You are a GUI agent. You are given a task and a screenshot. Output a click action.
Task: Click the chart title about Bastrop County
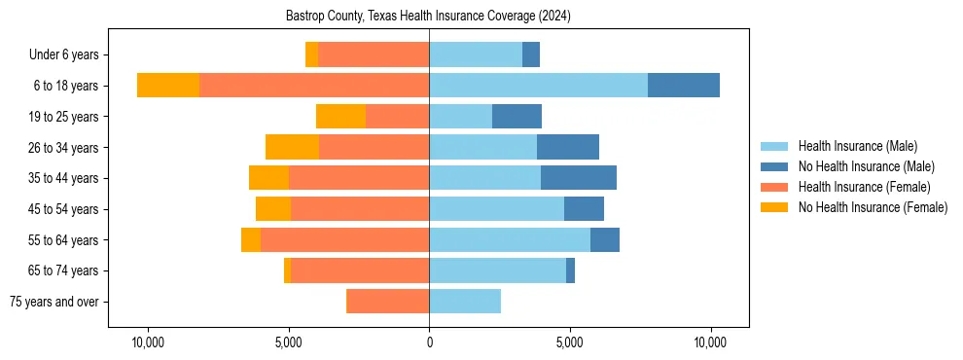click(x=428, y=17)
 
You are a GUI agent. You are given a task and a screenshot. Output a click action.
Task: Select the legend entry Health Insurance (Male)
click(x=856, y=146)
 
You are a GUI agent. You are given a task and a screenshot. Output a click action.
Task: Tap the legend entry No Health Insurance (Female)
click(x=873, y=207)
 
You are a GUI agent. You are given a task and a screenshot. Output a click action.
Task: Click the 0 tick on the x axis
click(x=429, y=343)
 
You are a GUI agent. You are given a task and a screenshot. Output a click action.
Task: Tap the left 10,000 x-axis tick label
click(x=148, y=343)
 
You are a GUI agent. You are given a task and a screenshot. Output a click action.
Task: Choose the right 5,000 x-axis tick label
click(x=570, y=343)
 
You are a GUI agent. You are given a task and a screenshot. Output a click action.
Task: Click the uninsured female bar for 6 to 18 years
click(x=168, y=86)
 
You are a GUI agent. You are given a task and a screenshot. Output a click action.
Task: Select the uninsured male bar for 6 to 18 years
click(x=684, y=86)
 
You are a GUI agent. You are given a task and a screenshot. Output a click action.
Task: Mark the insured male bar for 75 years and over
click(x=465, y=302)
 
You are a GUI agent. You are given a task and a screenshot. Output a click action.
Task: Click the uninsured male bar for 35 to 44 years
click(x=579, y=178)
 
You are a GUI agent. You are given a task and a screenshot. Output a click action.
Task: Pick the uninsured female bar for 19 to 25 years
click(x=340, y=117)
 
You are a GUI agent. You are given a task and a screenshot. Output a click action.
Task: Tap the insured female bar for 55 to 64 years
click(x=344, y=239)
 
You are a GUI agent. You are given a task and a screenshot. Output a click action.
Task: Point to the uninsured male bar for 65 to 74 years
click(x=570, y=270)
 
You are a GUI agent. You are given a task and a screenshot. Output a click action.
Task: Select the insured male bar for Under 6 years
click(x=476, y=55)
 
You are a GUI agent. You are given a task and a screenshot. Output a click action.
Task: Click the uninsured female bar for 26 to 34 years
click(x=292, y=147)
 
